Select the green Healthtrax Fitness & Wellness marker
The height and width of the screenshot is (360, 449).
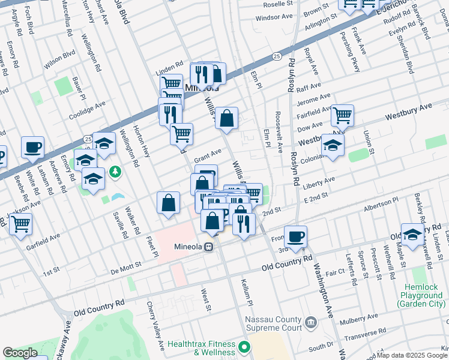[x=244, y=347]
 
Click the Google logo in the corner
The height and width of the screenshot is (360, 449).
[x=20, y=353]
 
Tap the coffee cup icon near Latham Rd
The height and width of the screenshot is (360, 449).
[x=32, y=146]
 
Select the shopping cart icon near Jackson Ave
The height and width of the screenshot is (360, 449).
[x=20, y=224]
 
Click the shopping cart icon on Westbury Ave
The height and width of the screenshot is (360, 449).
[x=342, y=115]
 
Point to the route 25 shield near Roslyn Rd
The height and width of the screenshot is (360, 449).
[x=276, y=56]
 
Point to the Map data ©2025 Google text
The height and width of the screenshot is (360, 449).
[x=412, y=355]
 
